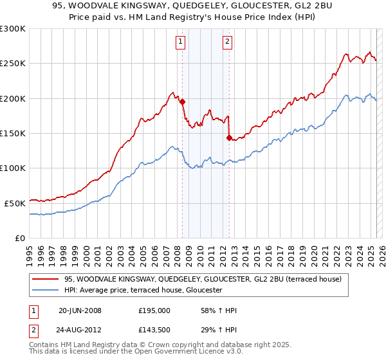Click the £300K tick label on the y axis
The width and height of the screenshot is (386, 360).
point(13,29)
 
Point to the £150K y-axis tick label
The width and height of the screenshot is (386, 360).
point(13,133)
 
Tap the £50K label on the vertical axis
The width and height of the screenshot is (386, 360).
point(15,203)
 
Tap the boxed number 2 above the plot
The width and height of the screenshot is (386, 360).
point(228,42)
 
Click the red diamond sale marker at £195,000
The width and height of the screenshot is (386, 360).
point(183,102)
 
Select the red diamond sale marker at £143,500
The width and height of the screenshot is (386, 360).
point(229,138)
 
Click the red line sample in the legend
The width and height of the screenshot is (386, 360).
point(46,279)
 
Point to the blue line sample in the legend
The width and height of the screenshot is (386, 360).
point(46,291)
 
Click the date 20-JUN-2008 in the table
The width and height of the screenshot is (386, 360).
point(80,310)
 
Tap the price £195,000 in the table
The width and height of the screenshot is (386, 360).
point(154,310)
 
